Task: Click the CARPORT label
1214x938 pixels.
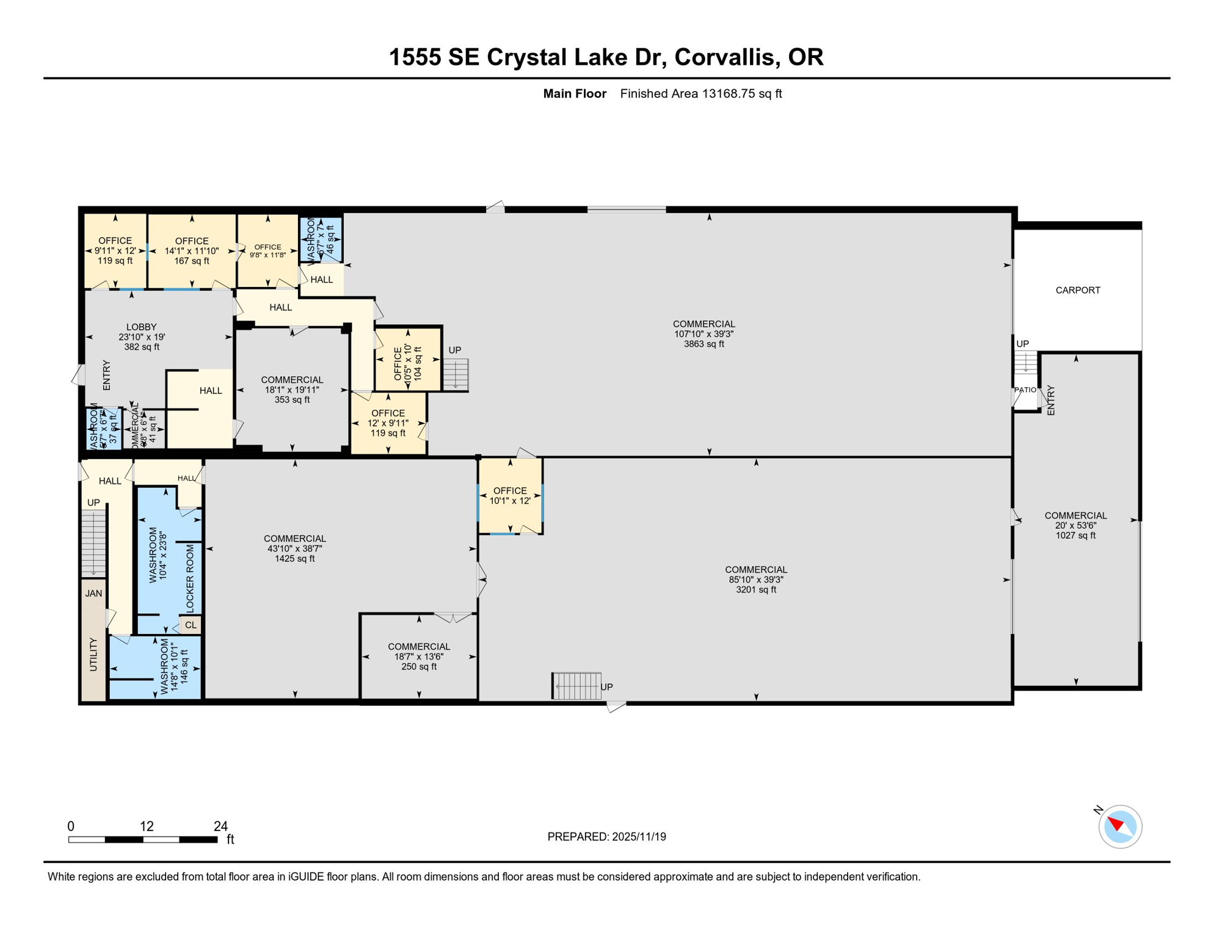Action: [1077, 290]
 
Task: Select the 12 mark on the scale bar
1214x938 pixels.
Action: [146, 826]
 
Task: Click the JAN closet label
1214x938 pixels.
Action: [93, 593]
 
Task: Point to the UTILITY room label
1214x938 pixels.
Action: [93, 654]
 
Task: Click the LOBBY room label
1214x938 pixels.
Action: [141, 327]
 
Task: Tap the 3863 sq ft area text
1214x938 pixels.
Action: [703, 344]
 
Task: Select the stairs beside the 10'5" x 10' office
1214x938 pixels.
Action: [456, 374]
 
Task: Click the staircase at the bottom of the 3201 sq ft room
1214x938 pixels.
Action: [577, 686]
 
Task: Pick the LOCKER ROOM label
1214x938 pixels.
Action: [190, 578]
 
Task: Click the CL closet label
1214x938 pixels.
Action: [191, 625]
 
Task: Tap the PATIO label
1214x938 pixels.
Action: [1025, 390]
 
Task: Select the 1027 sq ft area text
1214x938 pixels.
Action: [1075, 536]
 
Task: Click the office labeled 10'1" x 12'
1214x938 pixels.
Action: [510, 495]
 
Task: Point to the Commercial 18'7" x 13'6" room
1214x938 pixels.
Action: [418, 656]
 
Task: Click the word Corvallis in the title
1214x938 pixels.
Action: [727, 57]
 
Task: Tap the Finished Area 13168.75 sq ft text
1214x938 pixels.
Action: [700, 93]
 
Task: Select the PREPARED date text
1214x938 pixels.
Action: [606, 837]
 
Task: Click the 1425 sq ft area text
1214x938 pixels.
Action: [294, 558]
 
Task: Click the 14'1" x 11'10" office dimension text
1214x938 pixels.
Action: [191, 251]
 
